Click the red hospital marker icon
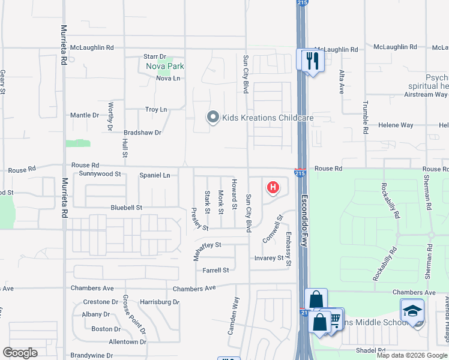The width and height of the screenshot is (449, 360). point(273,188)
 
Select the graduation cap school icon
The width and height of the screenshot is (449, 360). point(412,311)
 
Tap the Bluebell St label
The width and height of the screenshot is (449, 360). point(125,208)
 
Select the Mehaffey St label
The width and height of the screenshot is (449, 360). point(207,245)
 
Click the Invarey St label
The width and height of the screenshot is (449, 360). point(268,258)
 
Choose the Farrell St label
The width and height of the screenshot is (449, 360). point(215,271)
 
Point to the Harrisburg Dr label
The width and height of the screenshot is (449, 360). point(159,302)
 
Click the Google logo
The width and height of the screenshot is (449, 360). point(20,353)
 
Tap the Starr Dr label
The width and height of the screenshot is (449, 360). point(155,56)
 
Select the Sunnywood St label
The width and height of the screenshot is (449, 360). point(100,174)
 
